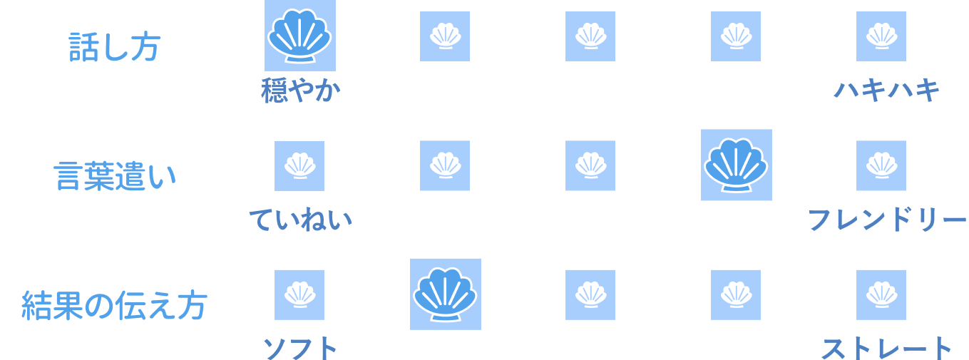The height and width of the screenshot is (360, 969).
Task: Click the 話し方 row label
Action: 114,46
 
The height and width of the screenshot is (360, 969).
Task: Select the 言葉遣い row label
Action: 114,175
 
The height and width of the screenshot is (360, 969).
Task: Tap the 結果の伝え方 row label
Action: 114,304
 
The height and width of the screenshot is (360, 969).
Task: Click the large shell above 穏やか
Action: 300,36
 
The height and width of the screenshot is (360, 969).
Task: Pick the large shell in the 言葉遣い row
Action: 736,165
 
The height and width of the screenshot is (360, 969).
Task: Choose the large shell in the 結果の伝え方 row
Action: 445,294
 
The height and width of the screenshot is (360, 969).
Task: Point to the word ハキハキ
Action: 887,91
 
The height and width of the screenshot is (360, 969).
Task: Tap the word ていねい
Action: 300,220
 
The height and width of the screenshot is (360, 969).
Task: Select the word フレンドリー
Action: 886,220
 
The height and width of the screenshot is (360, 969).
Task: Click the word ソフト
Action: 299,349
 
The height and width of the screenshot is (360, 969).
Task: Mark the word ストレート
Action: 886,349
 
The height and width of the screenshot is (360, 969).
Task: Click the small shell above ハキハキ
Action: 881,36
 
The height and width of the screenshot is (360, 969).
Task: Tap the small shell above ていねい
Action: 299,165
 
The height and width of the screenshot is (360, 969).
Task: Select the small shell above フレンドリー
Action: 881,165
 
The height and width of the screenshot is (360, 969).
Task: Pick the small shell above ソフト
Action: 299,294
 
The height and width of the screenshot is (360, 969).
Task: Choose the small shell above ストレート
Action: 881,294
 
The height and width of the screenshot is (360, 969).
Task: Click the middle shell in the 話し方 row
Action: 590,36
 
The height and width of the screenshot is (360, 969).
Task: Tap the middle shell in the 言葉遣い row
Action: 590,165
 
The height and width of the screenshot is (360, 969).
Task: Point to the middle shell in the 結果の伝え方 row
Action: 590,294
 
